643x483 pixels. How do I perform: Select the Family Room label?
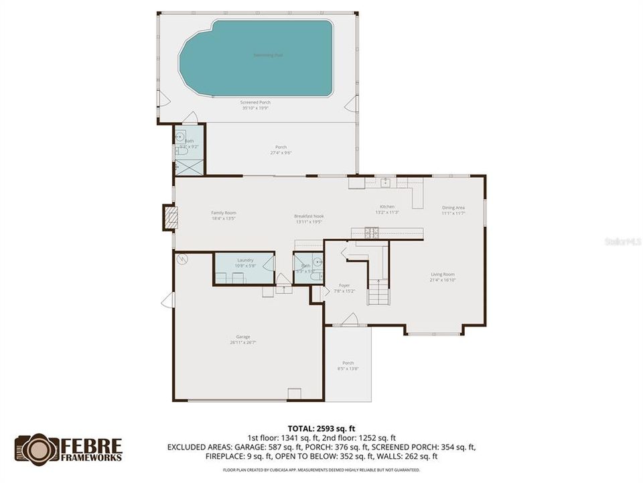coord(224,215)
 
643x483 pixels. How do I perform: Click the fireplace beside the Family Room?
coord(170,217)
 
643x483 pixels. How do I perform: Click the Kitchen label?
coord(387,209)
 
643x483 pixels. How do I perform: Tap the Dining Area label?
coord(453,210)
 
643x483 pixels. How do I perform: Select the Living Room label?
coord(442,276)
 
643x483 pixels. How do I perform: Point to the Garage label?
coord(242,339)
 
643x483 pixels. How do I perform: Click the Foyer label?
coord(344,288)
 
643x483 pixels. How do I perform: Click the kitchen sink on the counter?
coord(385,182)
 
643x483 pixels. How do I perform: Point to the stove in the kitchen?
coord(370,233)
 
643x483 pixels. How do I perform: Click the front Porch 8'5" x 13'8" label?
coord(348,366)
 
